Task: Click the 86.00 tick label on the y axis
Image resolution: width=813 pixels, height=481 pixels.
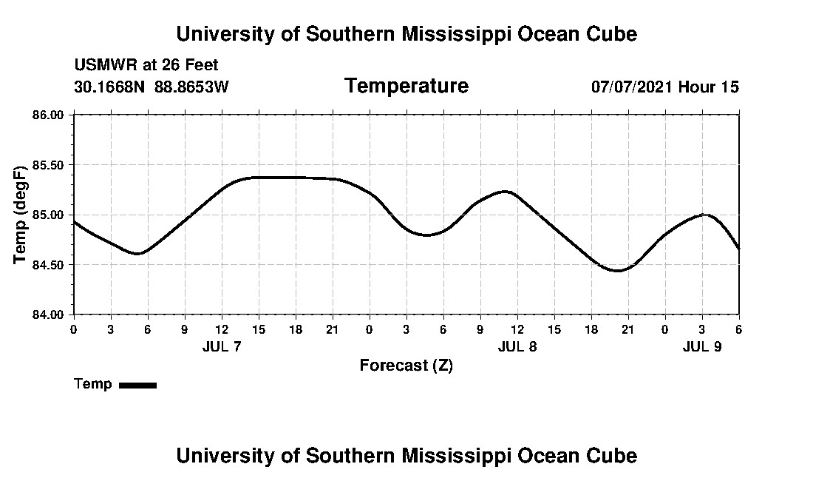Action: (x=49, y=115)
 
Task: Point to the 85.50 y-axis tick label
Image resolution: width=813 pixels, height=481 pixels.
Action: (x=49, y=164)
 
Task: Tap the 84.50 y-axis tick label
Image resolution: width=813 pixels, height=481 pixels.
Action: (x=49, y=265)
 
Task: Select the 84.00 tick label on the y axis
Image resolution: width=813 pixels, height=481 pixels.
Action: (x=49, y=314)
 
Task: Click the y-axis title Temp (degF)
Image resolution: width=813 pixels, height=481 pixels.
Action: (x=20, y=215)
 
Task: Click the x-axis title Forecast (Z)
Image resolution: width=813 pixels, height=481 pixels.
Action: (x=406, y=366)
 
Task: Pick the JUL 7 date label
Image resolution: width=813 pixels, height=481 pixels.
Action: (x=222, y=346)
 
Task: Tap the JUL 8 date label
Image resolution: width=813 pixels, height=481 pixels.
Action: (x=517, y=346)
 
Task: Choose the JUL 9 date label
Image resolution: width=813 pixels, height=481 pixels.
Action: (x=702, y=346)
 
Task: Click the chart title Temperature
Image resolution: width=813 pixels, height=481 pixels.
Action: (x=406, y=87)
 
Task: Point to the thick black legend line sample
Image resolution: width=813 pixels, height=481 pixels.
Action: (x=137, y=385)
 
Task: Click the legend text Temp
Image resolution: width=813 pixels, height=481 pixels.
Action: (x=93, y=384)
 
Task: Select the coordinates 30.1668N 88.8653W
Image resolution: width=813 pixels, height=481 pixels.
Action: (x=152, y=87)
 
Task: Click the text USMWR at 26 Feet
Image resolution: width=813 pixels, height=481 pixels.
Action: (x=146, y=65)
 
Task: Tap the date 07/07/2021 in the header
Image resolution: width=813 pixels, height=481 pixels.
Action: (x=632, y=87)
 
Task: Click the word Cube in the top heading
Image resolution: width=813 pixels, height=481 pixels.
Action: (x=610, y=34)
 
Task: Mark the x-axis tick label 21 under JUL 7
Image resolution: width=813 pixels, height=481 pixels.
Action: (x=333, y=329)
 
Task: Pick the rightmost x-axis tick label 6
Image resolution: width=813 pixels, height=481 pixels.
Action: (x=738, y=329)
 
